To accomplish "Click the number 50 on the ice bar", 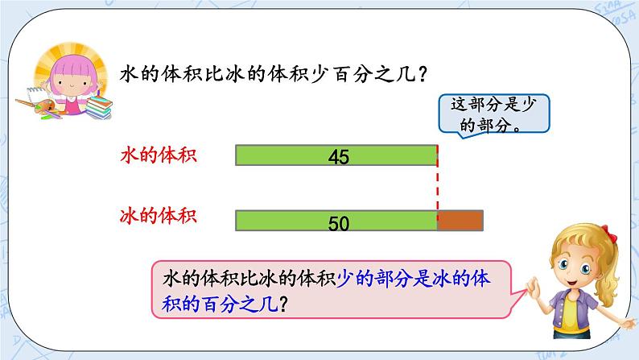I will (x=339, y=223).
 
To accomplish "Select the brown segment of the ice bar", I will (x=460, y=220).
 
